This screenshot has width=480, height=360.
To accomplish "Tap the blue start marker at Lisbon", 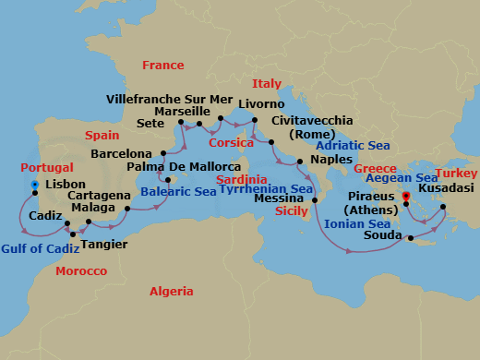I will click(34, 185).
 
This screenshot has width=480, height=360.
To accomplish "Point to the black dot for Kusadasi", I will click(443, 207).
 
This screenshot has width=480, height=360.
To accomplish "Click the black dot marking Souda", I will click(412, 237).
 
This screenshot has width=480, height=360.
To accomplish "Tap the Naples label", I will click(331, 159).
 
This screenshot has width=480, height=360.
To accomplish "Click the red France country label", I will click(163, 65).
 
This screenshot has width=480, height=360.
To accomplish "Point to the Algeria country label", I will click(172, 291).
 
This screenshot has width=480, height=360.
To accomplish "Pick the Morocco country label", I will click(81, 271).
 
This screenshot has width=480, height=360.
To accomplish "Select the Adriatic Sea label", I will click(354, 145).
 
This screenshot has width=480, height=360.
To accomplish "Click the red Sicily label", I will click(292, 210).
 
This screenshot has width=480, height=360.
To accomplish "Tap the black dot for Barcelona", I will click(162, 153).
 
